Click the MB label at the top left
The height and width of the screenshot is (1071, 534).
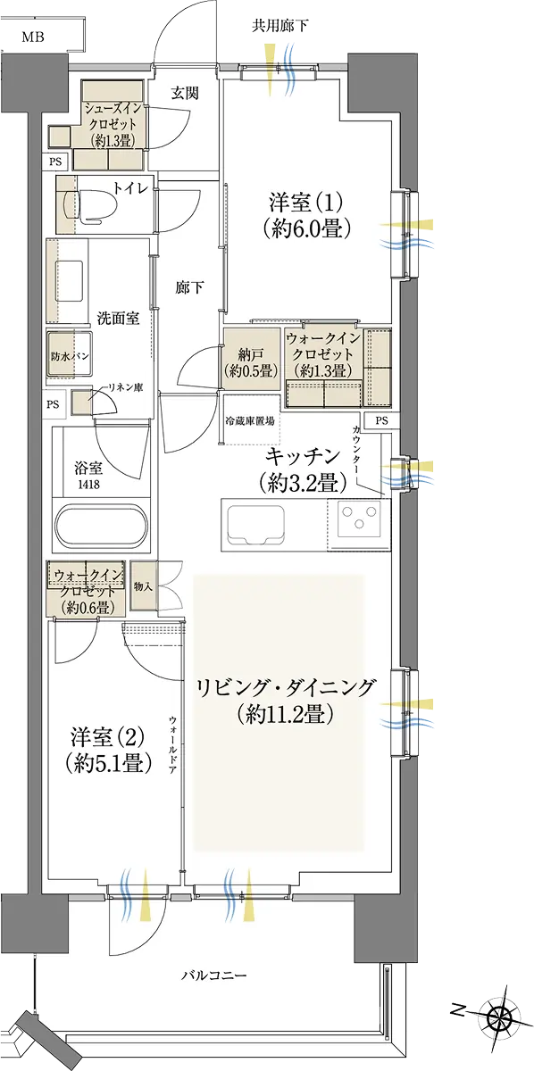pos(33,37)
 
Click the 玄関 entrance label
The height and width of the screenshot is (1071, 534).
pos(185,93)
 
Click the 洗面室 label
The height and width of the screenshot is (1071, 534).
pos(118,319)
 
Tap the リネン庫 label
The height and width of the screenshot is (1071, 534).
pos(126,386)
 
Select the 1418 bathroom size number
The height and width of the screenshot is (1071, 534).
pos(89,485)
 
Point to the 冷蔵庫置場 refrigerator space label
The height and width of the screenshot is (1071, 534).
pos(250,421)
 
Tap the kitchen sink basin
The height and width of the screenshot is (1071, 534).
pos(257,525)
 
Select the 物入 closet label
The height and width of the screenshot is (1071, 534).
pos(143,586)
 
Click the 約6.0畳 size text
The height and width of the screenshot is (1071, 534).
pos(306,229)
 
